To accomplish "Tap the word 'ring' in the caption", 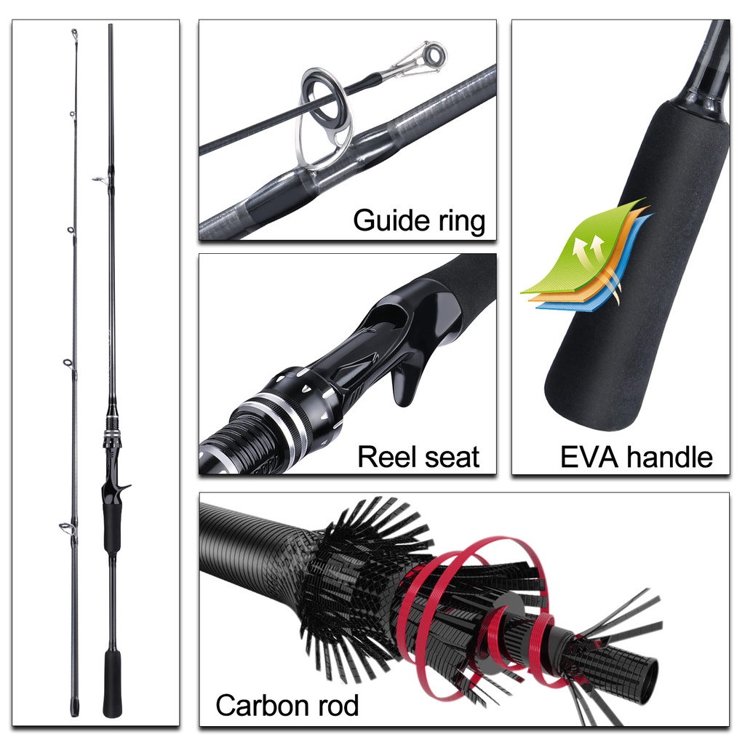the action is [x=461, y=221].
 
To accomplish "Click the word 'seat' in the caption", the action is [x=451, y=458].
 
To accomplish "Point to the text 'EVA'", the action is [x=589, y=457].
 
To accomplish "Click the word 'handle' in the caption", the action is [x=669, y=457].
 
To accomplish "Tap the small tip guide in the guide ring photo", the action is [x=430, y=55].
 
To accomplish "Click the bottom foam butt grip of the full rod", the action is [x=112, y=684].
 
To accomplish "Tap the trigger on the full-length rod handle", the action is [x=124, y=487].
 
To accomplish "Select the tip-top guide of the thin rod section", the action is [x=74, y=33].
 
